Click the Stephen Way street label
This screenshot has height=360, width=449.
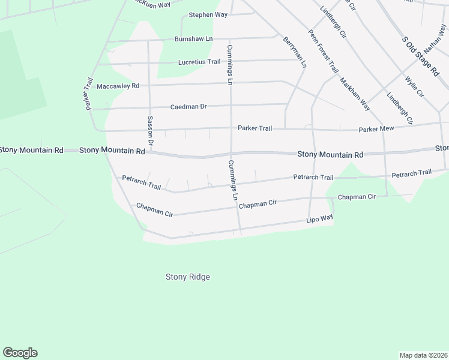tap(208, 14)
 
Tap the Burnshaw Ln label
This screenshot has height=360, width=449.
tap(193, 39)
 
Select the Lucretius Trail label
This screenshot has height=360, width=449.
tap(199, 62)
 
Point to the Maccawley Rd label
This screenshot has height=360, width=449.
tap(118, 86)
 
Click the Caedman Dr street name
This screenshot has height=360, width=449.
tap(188, 106)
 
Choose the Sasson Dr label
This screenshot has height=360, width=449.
tap(151, 131)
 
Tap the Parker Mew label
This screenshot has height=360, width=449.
tap(376, 129)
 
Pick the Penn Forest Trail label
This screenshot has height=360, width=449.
tap(322, 52)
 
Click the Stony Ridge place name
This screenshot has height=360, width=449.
tap(188, 277)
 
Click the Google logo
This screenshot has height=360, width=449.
tap(20, 353)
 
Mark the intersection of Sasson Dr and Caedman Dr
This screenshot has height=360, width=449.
tap(149, 107)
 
